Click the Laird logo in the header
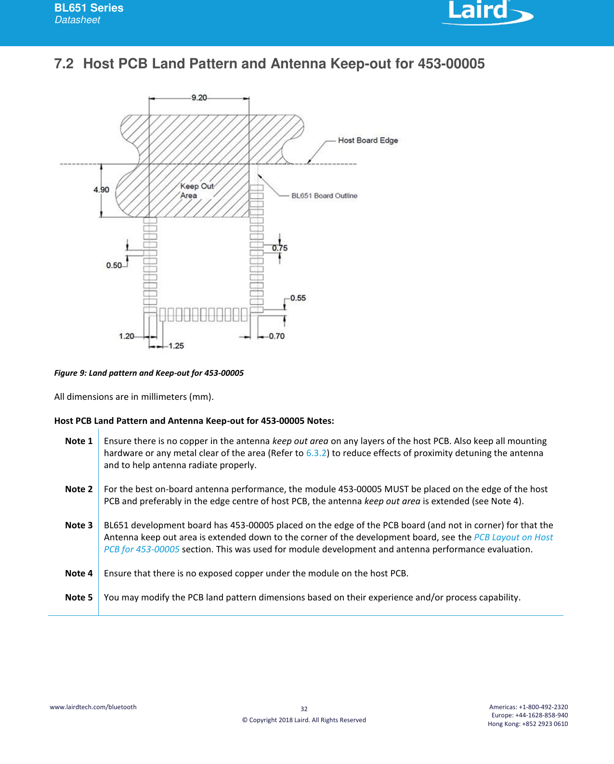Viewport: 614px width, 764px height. point(486,12)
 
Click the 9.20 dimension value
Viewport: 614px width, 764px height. point(199,98)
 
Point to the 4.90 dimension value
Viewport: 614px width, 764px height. point(101,190)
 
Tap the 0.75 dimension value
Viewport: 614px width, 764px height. point(280,248)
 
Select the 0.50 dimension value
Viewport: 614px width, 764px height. point(114,265)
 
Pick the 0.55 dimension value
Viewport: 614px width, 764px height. point(298,298)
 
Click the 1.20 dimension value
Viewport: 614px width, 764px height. point(127,336)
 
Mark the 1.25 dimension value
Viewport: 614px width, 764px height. point(176,345)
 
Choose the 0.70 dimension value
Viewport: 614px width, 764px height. point(277,336)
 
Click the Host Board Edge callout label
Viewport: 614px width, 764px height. point(368,140)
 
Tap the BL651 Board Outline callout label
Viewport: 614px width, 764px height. point(324,195)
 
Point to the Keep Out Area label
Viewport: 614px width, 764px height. point(196,191)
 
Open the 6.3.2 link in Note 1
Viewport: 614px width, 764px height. point(316,453)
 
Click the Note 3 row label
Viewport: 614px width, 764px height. point(78,525)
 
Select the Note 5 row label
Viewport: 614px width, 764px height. point(78,597)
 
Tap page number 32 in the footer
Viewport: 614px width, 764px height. point(304,709)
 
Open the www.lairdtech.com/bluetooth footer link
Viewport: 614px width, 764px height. point(93,707)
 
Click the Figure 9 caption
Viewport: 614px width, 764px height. point(149,373)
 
